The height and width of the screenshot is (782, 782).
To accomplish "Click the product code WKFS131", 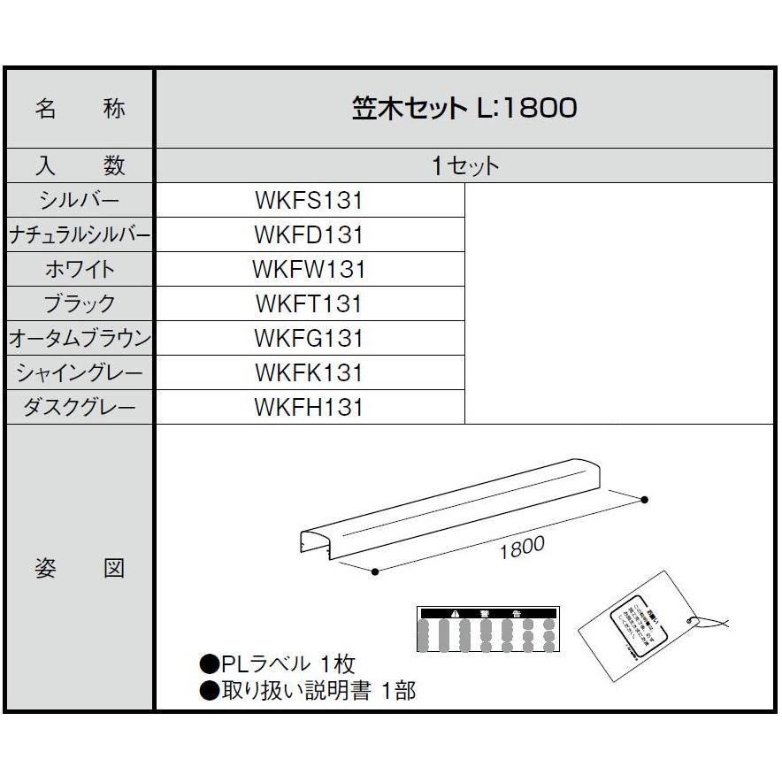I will coord(309,201).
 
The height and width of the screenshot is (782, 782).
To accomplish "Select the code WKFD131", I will coord(309,235).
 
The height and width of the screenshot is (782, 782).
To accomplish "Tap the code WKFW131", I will coord(309,270).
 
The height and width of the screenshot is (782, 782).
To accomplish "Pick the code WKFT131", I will coord(309,304).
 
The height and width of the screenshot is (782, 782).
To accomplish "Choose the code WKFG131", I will coord(309,339).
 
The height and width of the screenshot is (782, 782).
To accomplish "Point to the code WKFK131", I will coord(309,373).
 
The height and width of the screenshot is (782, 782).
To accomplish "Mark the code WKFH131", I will coord(309,408).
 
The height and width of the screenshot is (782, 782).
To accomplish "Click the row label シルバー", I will coord(80,201).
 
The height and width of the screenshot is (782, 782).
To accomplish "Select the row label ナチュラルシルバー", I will coord(80,235).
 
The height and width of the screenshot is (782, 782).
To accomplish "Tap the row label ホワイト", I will coord(80,270).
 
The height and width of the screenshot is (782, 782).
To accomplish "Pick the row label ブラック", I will coord(80,304).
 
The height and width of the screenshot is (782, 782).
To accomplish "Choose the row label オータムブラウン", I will coord(80,339).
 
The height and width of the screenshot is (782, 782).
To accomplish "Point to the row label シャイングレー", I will coord(80,373).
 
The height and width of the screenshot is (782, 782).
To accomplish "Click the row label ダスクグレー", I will coord(80,408).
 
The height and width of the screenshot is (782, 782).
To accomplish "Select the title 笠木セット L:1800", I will coord(464,108).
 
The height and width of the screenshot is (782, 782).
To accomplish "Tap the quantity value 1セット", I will coord(465,166).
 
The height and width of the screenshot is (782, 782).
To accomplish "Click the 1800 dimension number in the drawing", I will coord(521,548).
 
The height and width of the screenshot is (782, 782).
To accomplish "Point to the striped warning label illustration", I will coord(488,629).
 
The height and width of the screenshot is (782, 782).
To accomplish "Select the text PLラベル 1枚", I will coord(278,663).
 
